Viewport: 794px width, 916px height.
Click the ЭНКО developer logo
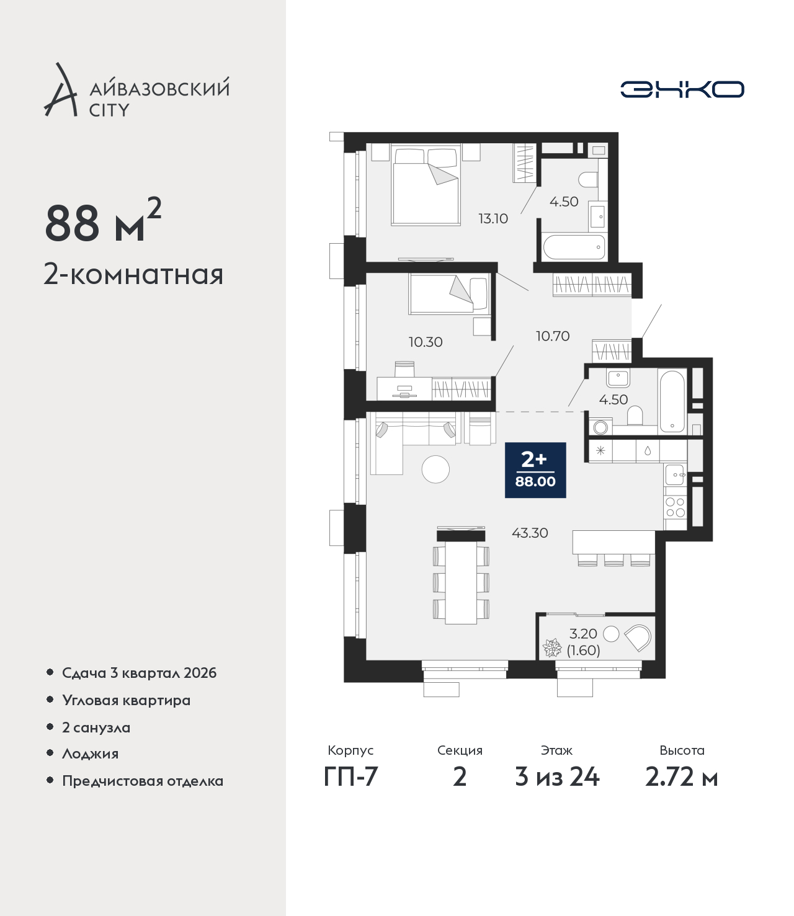tap(682, 89)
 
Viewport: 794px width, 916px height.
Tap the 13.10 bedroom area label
tap(493, 218)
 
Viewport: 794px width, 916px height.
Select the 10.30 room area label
tap(426, 342)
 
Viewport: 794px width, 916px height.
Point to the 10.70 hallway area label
tap(553, 336)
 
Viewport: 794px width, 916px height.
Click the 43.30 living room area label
tap(530, 532)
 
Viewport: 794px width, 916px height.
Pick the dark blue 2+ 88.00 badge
tap(535, 469)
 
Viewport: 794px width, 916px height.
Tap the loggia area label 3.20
tap(583, 633)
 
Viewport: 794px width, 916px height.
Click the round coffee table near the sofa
tap(436, 469)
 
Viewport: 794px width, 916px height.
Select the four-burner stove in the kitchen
tap(675, 507)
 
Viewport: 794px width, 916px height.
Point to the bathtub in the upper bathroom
tap(574, 247)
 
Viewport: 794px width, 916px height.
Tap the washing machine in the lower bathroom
tap(600, 427)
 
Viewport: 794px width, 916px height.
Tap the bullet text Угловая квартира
tap(127, 701)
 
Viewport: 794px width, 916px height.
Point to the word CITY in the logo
tap(109, 110)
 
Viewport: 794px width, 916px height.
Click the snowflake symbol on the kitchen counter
tap(600, 451)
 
